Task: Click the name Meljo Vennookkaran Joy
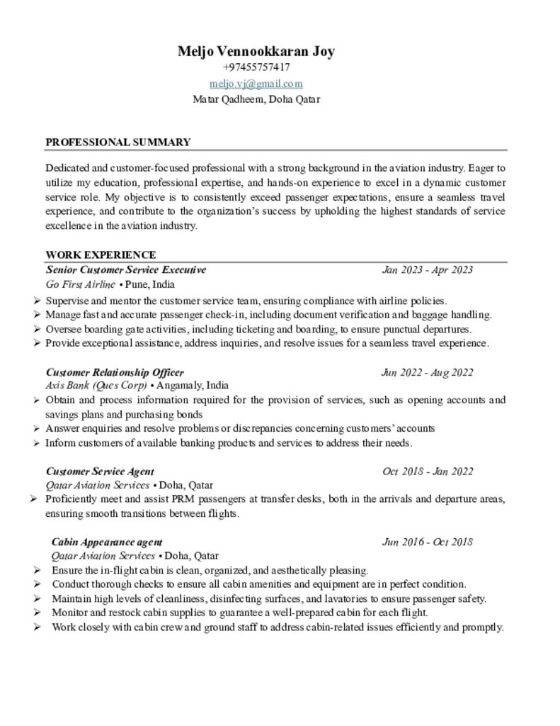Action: click(x=256, y=51)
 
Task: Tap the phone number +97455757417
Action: click(x=256, y=67)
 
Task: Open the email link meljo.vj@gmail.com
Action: click(x=256, y=83)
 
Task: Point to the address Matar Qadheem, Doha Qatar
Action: click(x=256, y=99)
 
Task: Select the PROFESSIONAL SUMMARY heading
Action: click(x=118, y=142)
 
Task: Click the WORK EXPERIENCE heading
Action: click(x=101, y=255)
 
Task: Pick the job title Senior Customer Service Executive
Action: click(x=126, y=270)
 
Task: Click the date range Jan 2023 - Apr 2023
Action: click(x=428, y=270)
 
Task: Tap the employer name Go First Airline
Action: click(x=80, y=285)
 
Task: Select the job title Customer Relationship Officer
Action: click(x=115, y=372)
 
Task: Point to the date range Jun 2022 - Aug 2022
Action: click(x=427, y=372)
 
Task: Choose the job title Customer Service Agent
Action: click(x=100, y=471)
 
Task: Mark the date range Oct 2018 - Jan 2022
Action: click(x=428, y=471)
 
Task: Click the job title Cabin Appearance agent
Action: click(x=107, y=542)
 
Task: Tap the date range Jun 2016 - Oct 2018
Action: click(x=427, y=542)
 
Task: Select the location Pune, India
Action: click(x=150, y=285)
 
